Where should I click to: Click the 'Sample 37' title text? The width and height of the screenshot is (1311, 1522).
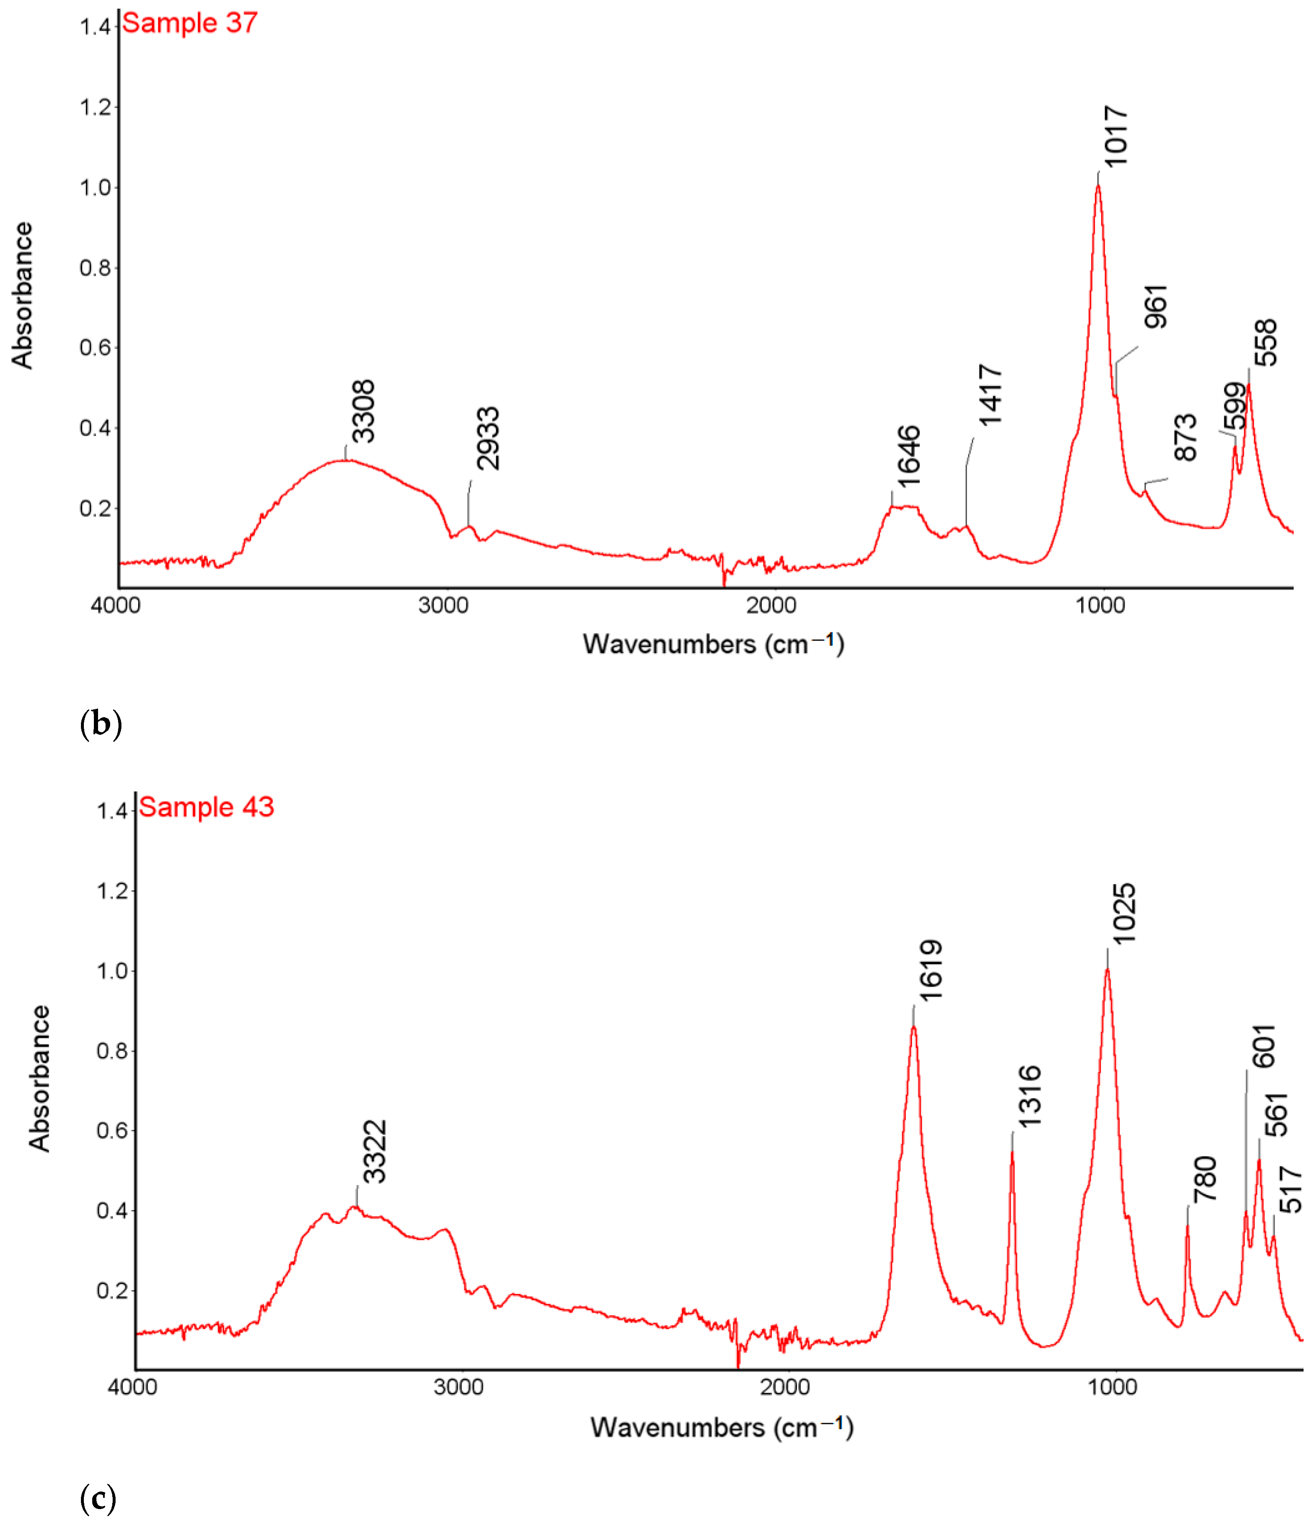[189, 23]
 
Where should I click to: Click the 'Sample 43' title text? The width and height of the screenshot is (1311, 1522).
[207, 807]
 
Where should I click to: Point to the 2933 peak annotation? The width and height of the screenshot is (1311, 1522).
[488, 439]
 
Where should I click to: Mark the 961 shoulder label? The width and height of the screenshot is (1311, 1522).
[1156, 306]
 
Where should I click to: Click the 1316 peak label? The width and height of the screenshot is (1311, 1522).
[1029, 1096]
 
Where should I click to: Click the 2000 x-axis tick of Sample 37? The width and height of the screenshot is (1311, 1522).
[771, 605]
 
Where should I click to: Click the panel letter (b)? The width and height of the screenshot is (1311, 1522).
[100, 723]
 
